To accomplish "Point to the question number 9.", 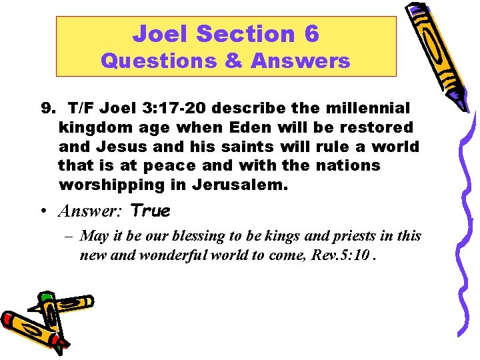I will (x=47, y=108).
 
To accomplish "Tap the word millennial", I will (x=371, y=108).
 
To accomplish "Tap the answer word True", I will (x=151, y=212).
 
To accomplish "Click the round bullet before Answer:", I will (x=44, y=212).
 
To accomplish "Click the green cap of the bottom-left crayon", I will (x=46, y=296).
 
